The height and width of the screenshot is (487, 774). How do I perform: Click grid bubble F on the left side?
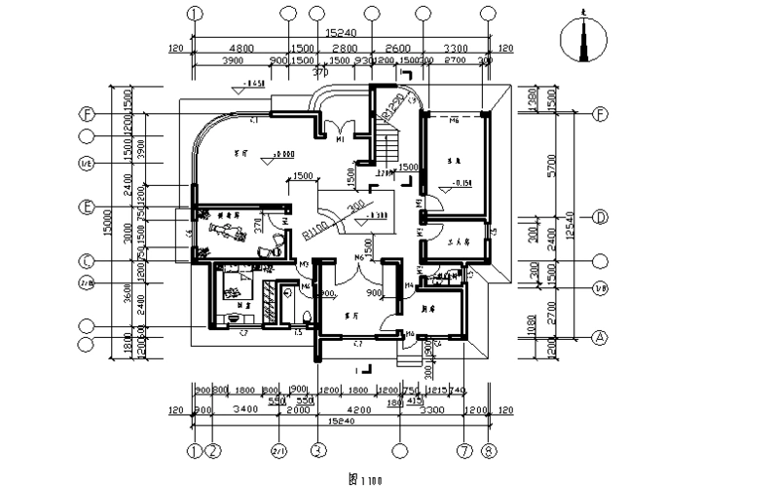88,113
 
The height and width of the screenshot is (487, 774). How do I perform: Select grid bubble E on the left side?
88,207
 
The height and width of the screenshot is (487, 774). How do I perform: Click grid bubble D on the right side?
601,216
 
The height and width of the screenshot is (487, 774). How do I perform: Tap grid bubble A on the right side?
601,337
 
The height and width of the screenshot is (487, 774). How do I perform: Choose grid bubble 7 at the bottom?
463,450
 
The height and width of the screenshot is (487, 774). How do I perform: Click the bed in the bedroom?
235,286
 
